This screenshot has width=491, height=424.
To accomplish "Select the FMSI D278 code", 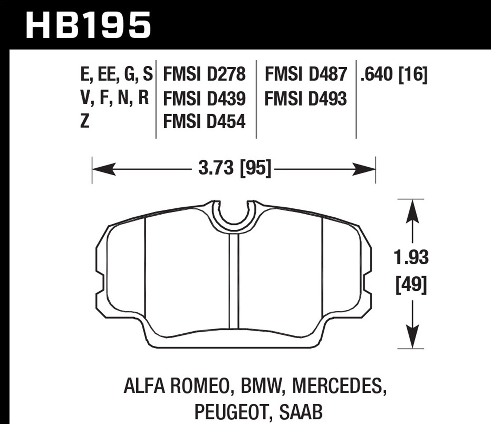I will (204, 74).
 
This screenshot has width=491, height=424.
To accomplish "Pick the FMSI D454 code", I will (204, 122).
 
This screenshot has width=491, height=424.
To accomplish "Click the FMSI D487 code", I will (305, 74).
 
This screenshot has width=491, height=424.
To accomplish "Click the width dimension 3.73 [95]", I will (235, 169).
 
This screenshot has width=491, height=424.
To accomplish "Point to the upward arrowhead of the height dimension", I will (412, 211).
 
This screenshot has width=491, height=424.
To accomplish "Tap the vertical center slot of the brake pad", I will (234, 281).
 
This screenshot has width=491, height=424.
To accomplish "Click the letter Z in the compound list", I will (85, 122).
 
